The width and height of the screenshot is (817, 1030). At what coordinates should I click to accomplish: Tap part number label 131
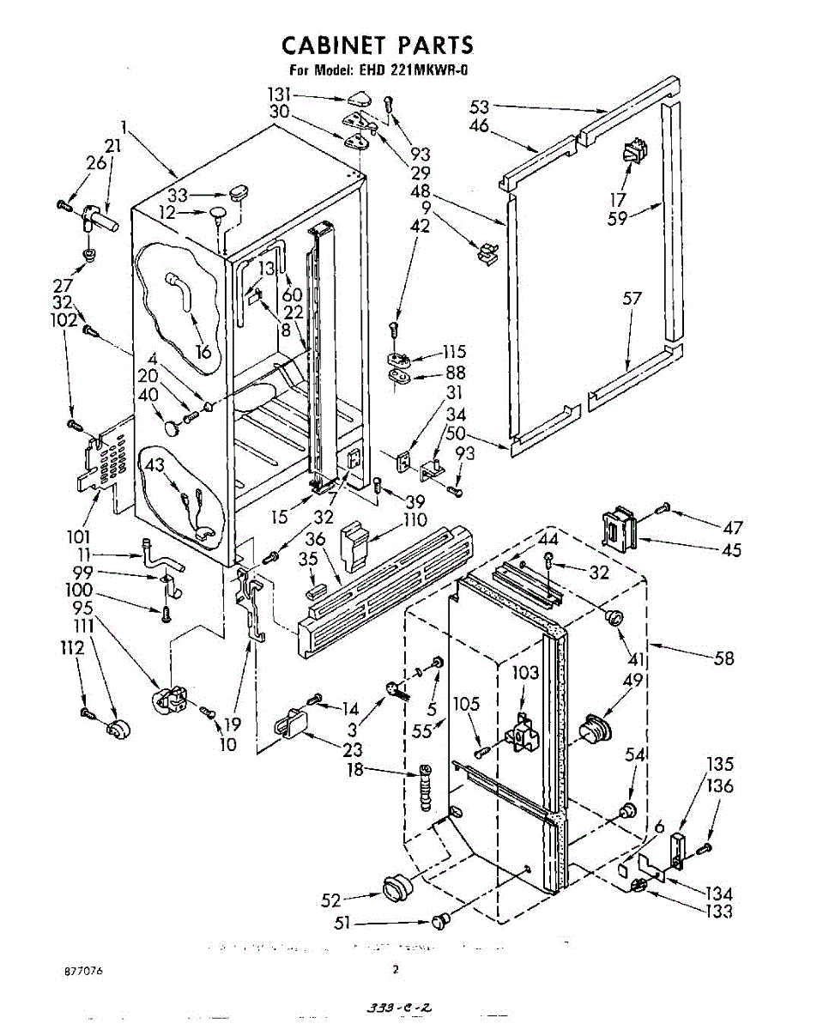pyautogui.click(x=304, y=94)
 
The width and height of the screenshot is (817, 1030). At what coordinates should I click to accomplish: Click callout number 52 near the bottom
pyautogui.click(x=331, y=900)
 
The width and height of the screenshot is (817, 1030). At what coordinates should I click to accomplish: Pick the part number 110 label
pyautogui.click(x=415, y=520)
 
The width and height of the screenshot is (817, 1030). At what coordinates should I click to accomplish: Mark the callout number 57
pyautogui.click(x=632, y=299)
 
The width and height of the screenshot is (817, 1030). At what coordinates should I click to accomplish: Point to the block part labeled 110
pyautogui.click(x=355, y=545)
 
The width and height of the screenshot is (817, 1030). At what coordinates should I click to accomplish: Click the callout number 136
pyautogui.click(x=719, y=785)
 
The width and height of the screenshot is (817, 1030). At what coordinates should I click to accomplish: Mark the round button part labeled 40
pyautogui.click(x=173, y=422)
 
